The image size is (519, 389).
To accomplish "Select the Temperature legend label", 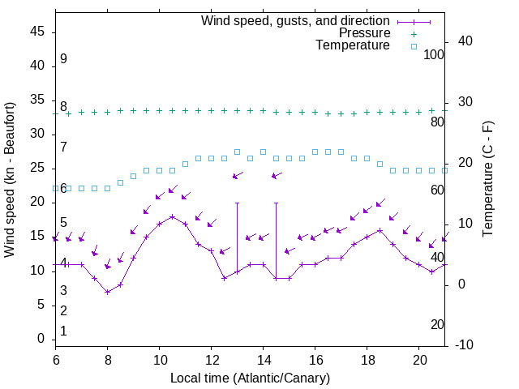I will click(353, 45).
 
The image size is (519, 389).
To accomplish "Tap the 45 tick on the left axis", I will click(37, 32).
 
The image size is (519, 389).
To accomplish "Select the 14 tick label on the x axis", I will click(264, 358).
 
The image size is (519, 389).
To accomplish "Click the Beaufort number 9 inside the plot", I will click(63, 59).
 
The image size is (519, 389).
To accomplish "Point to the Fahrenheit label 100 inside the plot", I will click(435, 54).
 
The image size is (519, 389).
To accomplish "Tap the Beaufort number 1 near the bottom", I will click(63, 331).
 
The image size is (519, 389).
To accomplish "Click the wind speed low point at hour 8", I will click(107, 292).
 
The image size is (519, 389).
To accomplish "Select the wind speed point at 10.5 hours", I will click(173, 216).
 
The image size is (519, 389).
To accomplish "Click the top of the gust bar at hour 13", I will click(238, 203).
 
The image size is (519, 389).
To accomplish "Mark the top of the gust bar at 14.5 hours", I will click(277, 203).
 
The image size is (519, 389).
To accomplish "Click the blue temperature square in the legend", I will click(414, 46).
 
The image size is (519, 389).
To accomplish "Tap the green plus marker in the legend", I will click(414, 34).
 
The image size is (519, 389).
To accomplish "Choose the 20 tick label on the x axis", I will click(419, 358).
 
